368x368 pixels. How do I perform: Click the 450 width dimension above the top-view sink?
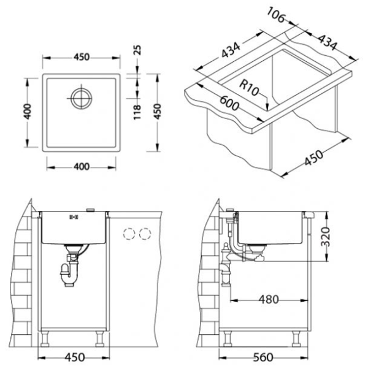82,57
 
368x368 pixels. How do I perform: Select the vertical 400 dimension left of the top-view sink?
28,112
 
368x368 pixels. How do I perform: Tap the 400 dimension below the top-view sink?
82,167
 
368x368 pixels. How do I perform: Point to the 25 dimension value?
137,50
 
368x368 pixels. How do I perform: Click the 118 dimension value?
137,112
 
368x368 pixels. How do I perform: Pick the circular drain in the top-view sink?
82,98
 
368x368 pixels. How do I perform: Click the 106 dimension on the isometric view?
277,15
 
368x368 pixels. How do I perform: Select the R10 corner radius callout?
249,87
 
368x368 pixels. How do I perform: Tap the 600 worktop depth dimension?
229,104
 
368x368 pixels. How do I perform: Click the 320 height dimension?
326,237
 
